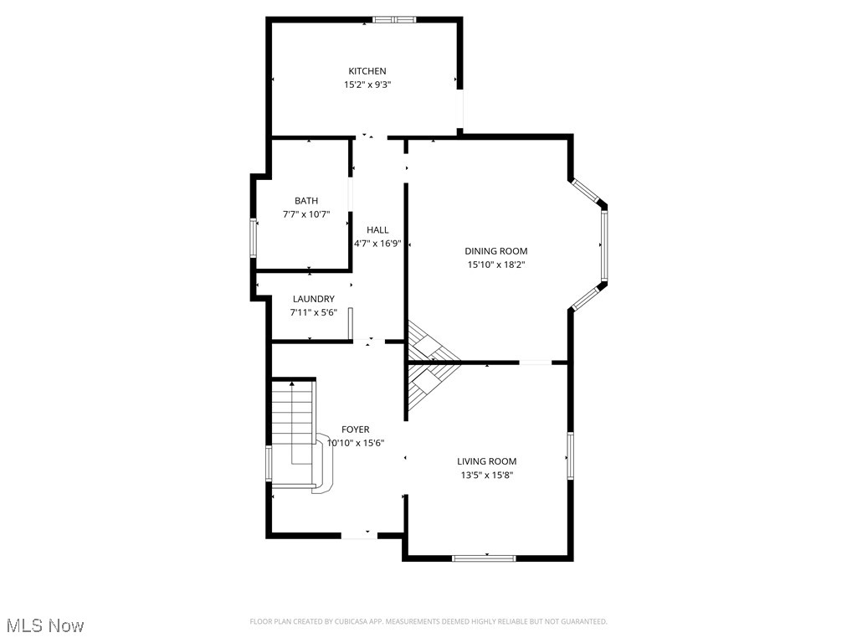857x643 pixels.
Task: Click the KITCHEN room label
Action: (367, 71)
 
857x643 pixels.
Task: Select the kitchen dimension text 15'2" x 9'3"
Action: (367, 85)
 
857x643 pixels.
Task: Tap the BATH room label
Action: (305, 201)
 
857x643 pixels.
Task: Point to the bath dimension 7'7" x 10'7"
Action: (305, 214)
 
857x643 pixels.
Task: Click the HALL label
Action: (377, 230)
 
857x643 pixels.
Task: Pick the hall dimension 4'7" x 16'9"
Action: (377, 244)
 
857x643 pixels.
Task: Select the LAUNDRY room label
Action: (314, 299)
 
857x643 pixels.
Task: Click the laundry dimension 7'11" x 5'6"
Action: (314, 312)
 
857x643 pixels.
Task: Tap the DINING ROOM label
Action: (496, 251)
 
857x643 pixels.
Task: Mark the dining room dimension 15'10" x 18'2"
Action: (496, 265)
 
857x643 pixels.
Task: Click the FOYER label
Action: (355, 430)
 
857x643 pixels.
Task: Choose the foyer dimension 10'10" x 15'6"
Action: (355, 443)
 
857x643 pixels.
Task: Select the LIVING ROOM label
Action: (486, 461)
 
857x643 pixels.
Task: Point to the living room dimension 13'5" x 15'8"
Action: (486, 475)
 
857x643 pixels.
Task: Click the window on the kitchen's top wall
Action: (393, 19)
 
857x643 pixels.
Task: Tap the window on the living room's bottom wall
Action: (484, 558)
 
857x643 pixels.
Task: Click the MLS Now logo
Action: (45, 625)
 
